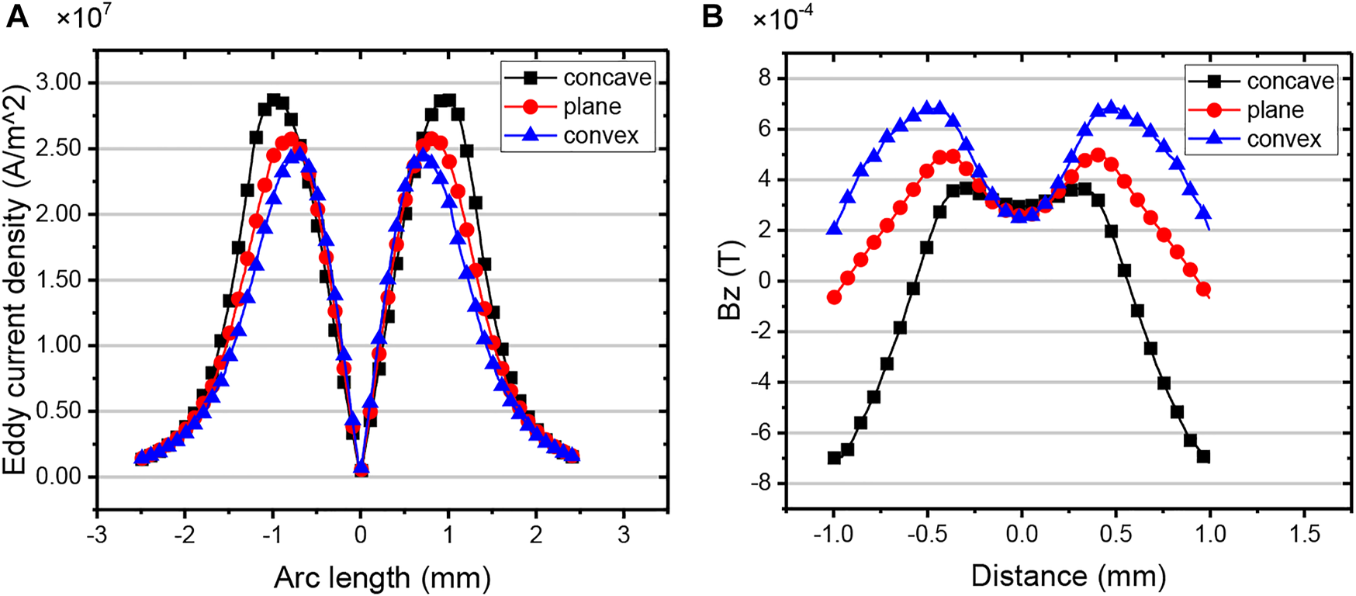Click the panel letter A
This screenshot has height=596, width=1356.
[16, 16]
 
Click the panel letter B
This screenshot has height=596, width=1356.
[712, 16]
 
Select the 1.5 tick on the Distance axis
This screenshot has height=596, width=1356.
[1306, 534]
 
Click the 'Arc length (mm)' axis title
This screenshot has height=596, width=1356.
[382, 577]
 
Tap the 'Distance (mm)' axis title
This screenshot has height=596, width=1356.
[1068, 576]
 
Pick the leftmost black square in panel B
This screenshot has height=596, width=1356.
[834, 458]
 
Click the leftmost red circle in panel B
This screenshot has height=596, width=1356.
[834, 297]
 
